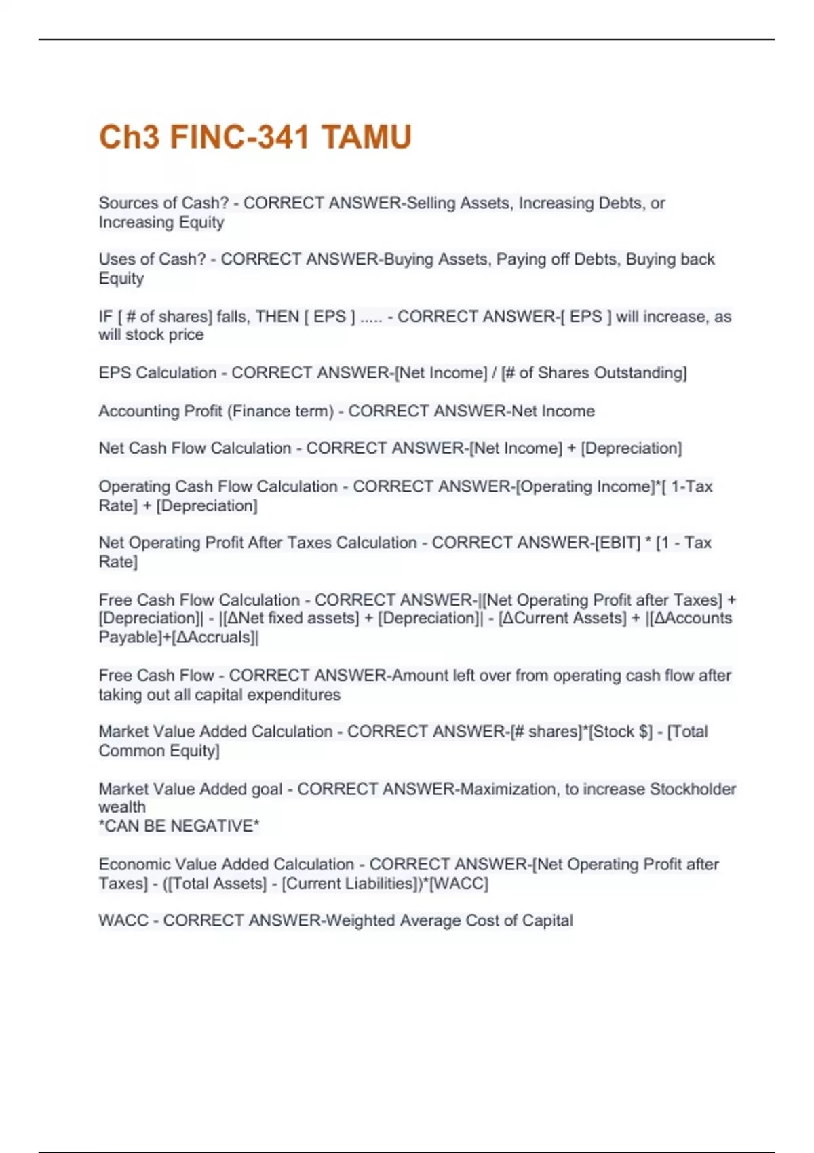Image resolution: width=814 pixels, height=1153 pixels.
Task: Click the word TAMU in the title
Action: [x=366, y=137]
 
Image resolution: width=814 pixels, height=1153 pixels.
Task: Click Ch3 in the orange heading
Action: [x=130, y=137]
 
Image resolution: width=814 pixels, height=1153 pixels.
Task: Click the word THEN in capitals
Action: [x=277, y=317]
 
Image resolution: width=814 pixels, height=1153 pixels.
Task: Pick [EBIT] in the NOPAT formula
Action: [x=617, y=543]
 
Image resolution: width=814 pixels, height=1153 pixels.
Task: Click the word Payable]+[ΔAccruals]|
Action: [x=178, y=638]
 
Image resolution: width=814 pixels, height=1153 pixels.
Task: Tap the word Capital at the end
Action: [x=547, y=920]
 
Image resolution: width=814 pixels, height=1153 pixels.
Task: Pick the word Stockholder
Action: [x=693, y=789]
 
